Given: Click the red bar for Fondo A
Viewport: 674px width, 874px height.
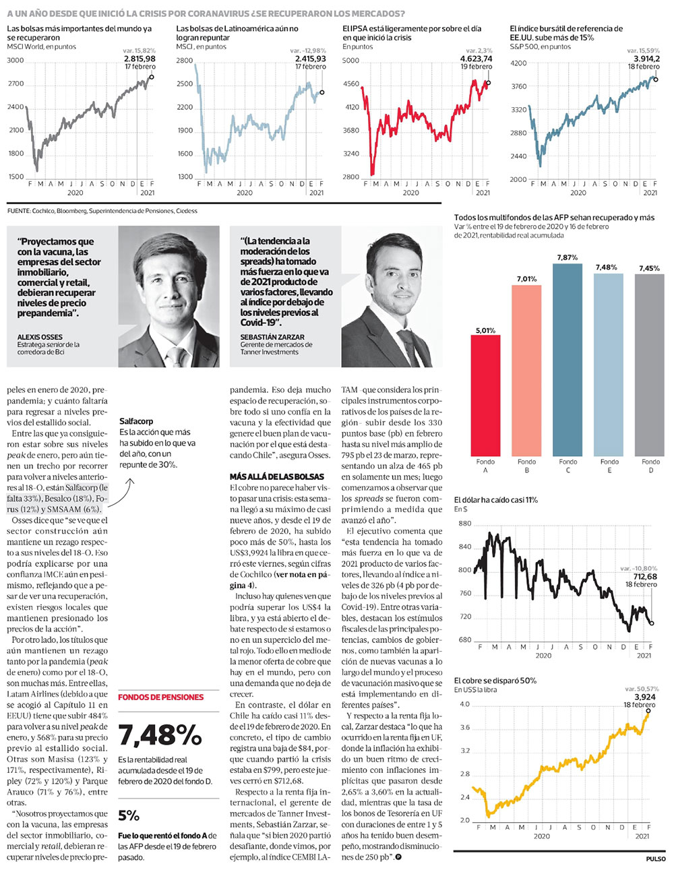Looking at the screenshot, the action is (x=485, y=395).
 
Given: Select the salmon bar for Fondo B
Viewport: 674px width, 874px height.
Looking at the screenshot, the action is (x=526, y=370).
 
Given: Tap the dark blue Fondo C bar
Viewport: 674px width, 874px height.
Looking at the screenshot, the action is (x=567, y=360).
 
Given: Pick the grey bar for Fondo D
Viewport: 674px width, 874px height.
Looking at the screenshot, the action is (x=649, y=365).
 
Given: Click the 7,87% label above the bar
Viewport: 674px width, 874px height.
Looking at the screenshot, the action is (x=567, y=257).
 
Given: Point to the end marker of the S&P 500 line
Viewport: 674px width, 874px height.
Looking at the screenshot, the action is (x=655, y=80).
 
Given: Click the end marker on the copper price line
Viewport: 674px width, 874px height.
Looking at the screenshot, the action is (x=648, y=711).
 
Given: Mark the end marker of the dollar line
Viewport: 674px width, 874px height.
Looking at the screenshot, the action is (x=652, y=623).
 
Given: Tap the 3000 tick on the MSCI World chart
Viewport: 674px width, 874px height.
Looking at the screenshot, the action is (x=16, y=61).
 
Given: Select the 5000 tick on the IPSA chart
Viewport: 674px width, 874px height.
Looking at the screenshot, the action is (x=350, y=61).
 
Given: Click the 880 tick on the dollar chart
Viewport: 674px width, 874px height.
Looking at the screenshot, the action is (x=464, y=524).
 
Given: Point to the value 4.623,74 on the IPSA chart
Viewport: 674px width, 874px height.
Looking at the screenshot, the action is (x=476, y=59).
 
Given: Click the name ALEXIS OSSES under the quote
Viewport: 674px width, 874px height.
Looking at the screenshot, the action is (x=39, y=337).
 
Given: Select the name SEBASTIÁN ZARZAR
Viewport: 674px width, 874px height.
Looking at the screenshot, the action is (x=272, y=337).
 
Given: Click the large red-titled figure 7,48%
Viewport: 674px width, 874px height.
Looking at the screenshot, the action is (x=160, y=735).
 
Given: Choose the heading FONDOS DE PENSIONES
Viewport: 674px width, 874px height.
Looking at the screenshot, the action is (x=160, y=697).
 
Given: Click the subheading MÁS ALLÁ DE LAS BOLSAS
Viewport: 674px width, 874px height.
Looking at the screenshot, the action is (x=277, y=476).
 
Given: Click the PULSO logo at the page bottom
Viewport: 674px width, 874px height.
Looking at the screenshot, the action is (x=656, y=859).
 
